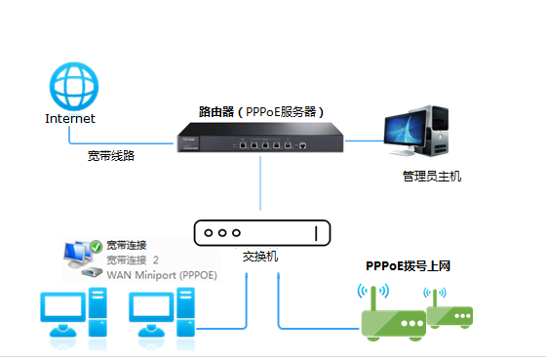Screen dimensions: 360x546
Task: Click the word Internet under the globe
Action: [x=70, y=119]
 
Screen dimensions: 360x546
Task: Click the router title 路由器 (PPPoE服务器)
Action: [x=261, y=111]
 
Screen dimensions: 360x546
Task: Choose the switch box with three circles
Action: [x=261, y=233]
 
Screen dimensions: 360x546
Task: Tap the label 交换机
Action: [x=260, y=257]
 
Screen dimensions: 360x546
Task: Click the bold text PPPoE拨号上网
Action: [x=408, y=265]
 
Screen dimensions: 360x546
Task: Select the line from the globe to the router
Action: [x=136, y=139]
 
